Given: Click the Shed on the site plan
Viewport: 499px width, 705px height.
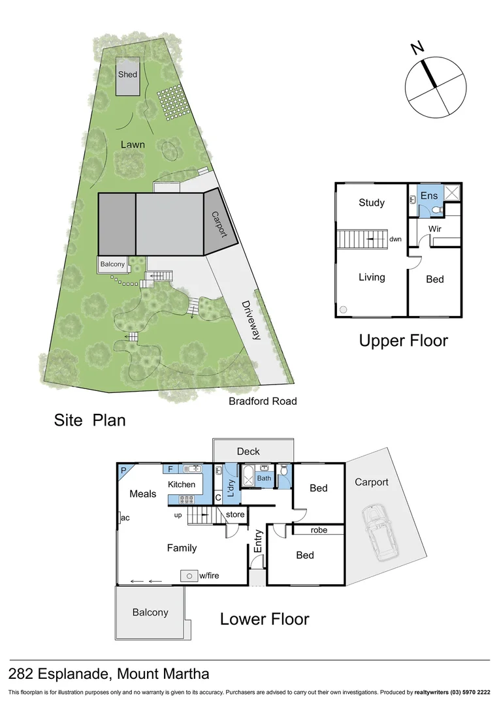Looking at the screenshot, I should click(127, 76).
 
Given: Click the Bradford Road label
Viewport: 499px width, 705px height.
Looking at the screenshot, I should click(262, 401).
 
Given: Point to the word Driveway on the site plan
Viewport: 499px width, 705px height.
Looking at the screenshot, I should click(251, 320).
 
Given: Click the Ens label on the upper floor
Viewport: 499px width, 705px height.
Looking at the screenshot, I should click(429, 196).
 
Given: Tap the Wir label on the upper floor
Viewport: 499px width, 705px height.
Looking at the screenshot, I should click(436, 228).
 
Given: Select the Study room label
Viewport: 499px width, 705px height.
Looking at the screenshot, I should click(371, 202).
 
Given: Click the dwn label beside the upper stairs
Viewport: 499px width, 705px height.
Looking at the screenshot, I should click(396, 240).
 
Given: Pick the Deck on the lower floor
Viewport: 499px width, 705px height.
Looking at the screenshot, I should click(248, 451).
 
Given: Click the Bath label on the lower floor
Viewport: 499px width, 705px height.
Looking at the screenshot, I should click(264, 478).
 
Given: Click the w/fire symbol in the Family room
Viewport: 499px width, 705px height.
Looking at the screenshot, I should click(189, 576).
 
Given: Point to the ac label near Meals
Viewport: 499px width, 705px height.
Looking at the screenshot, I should click(126, 518).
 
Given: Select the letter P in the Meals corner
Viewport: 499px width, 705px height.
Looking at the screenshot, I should click(123, 470).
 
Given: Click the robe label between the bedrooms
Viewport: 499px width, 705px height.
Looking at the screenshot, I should click(319, 530).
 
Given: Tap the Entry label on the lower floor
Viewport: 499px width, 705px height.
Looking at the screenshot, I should click(258, 542).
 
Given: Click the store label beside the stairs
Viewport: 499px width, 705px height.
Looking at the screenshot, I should click(234, 514).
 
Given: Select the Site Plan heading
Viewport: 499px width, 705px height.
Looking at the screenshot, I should click(89, 420).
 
